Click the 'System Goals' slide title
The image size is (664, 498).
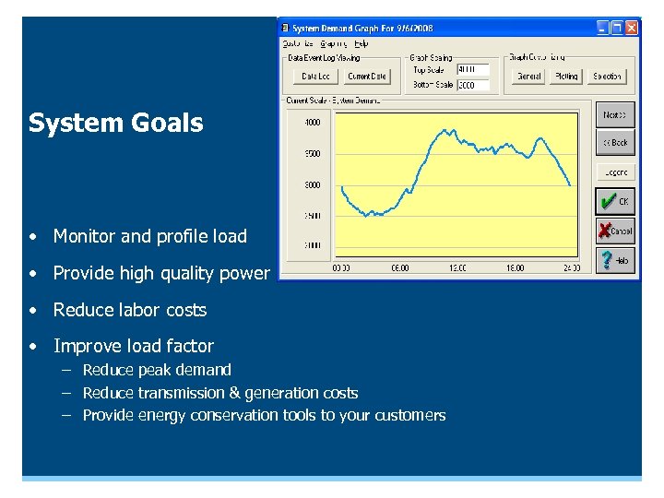[x=115, y=124]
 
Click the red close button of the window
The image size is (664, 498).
[x=632, y=29]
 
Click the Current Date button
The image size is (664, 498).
[x=367, y=77]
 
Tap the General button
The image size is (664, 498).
[x=529, y=77]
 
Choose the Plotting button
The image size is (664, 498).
[x=566, y=77]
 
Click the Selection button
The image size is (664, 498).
[x=607, y=77]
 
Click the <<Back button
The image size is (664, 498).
[x=615, y=143]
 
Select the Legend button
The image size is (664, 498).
[x=615, y=172]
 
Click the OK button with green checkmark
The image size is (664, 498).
[x=615, y=201]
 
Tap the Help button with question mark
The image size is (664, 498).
[x=615, y=260]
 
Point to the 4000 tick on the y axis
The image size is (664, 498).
[x=312, y=122]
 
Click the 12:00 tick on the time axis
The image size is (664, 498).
[x=456, y=268]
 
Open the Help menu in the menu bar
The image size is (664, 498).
[x=361, y=43]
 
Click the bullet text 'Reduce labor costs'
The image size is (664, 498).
[x=129, y=310]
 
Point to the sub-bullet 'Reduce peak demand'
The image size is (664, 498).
[x=157, y=370]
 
